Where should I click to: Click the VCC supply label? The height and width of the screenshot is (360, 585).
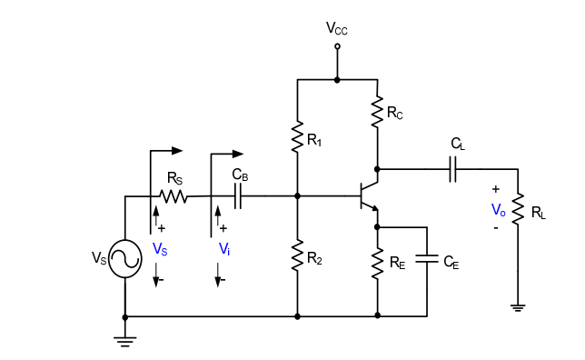coord(337,29)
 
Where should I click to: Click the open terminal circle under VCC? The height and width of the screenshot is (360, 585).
coord(337,45)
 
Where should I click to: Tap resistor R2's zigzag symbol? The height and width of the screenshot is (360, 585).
coord(298,255)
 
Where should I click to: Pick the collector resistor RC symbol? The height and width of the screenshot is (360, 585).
coord(377,111)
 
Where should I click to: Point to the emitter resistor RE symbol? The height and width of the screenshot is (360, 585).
coord(377,263)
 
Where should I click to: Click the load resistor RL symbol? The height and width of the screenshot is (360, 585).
coord(519,210)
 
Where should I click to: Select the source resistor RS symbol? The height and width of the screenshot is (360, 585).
coord(173,195)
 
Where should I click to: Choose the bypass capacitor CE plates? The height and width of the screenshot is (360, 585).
coord(427,259)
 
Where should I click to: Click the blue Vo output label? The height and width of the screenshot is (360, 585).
coord(498,209)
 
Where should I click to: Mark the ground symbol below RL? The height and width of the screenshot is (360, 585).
coord(519,308)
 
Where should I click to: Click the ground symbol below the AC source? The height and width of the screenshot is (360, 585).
coord(124,341)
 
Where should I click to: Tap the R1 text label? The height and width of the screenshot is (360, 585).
coord(314,142)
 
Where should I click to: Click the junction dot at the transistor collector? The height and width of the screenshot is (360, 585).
coord(377,168)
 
